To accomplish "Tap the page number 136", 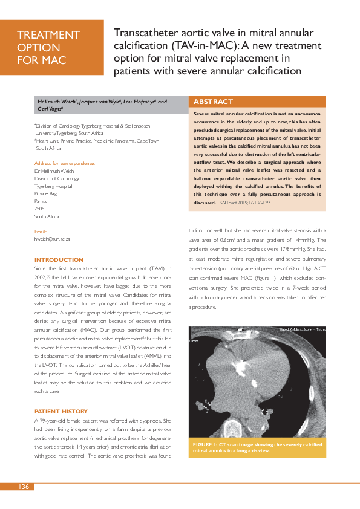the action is coord(24,487).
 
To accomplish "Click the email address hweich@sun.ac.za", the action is coord(52,239).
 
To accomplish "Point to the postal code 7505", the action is coord(40,208).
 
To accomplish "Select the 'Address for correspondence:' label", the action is coord(65,163).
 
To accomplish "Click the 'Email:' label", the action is coord(41,232).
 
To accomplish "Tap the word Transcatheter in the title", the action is coord(144,33).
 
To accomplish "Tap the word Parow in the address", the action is coord(41,201).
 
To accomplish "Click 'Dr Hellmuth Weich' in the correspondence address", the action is coord(54,171).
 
